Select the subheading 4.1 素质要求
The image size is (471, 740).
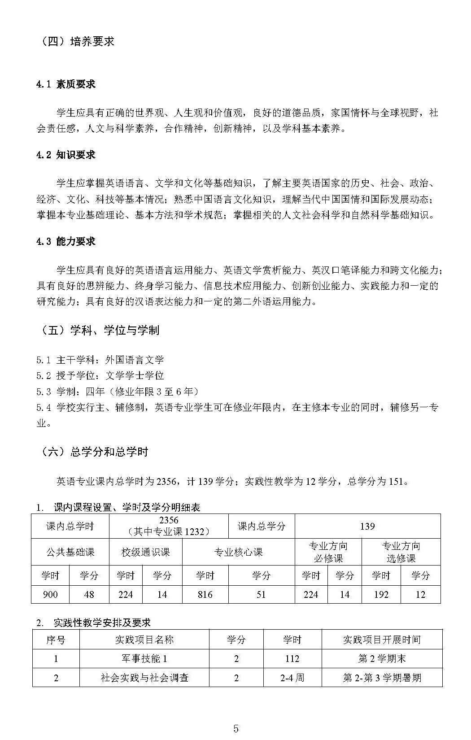pyautogui.click(x=66, y=84)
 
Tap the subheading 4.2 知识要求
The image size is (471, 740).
pyautogui.click(x=66, y=155)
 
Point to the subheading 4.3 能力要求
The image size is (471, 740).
pyautogui.click(x=66, y=242)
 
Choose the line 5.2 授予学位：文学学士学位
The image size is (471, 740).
pyautogui.click(x=100, y=375)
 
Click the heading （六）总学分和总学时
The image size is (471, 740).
pyautogui.click(x=94, y=452)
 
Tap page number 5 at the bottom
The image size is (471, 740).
pyautogui.click(x=236, y=728)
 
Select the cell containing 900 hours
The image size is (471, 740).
pyautogui.click(x=50, y=595)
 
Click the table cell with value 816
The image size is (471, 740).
pyautogui.click(x=205, y=595)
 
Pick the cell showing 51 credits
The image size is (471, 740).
pyautogui.click(x=261, y=595)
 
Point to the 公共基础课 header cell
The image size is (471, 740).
pyautogui.click(x=70, y=552)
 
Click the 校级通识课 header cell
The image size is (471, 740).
pyautogui.click(x=146, y=552)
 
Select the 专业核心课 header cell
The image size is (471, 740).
pyautogui.click(x=238, y=552)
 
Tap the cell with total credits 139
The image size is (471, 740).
pyautogui.click(x=367, y=527)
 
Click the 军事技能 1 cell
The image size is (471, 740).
pyautogui.click(x=144, y=659)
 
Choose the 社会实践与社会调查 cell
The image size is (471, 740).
pyautogui.click(x=144, y=678)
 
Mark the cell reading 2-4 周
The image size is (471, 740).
pyautogui.click(x=292, y=678)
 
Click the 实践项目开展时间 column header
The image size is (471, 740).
pyautogui.click(x=382, y=640)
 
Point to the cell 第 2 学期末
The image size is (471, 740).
pyautogui.click(x=382, y=659)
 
